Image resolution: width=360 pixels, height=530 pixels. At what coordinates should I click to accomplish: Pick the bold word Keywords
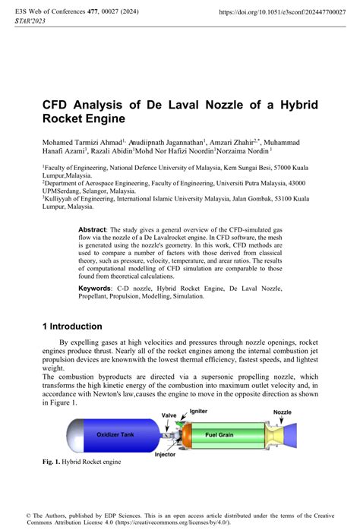[x=96, y=289]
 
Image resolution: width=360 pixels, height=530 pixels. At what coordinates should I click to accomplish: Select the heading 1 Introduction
[x=75, y=326]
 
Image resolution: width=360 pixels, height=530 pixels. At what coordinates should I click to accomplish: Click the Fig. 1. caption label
[x=55, y=461]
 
